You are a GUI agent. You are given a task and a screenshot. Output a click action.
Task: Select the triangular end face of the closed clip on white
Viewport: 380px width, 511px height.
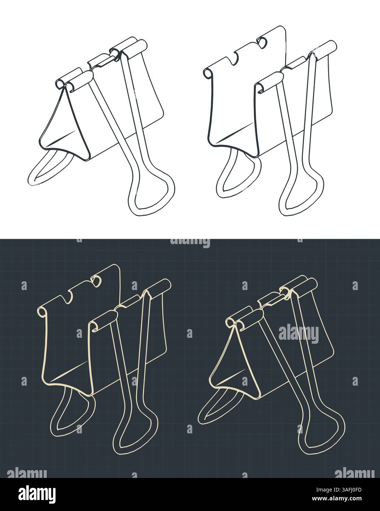[66, 125]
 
